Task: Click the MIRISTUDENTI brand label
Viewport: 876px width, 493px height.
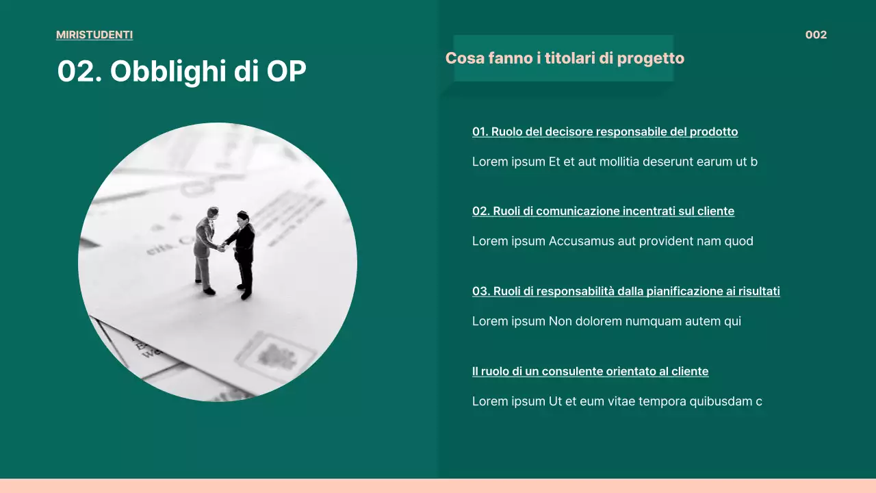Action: coord(94,35)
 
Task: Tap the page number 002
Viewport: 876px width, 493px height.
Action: coord(816,35)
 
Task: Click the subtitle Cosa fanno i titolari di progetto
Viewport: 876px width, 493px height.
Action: coord(565,58)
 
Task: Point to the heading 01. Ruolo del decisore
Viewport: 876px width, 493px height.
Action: coord(605,131)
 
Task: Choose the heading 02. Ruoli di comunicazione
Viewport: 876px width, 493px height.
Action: coord(603,211)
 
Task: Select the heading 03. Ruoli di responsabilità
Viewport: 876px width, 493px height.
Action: coord(626,291)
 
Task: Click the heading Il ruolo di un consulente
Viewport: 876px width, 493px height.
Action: coord(590,371)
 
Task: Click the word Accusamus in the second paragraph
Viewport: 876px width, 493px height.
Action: coord(581,241)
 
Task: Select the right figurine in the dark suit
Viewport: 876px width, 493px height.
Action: coord(243,253)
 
